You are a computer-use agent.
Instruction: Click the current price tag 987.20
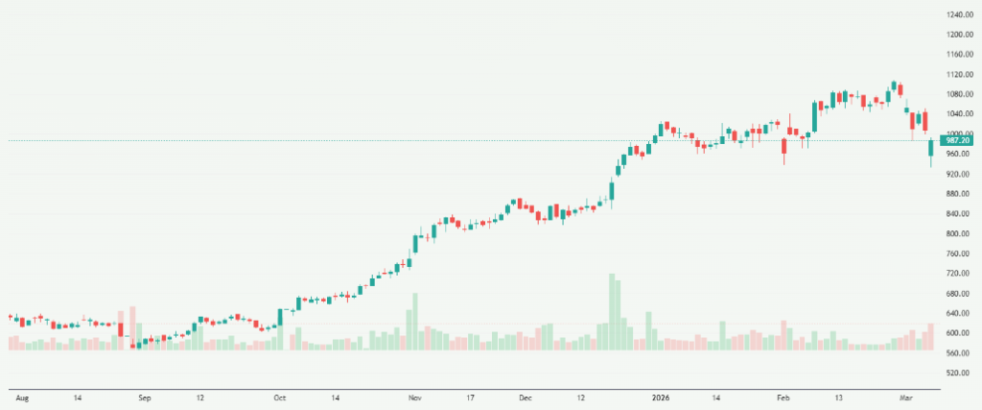pyautogui.click(x=956, y=141)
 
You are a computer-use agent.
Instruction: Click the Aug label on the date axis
pyautogui.click(x=21, y=396)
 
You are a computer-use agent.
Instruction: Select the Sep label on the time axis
pyautogui.click(x=144, y=396)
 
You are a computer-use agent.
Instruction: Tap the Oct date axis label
pyautogui.click(x=279, y=396)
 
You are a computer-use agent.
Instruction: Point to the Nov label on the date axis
pyautogui.click(x=414, y=396)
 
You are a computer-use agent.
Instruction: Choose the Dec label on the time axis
pyautogui.click(x=524, y=396)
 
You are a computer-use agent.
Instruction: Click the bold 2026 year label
pyautogui.click(x=659, y=396)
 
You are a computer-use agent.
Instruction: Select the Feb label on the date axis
pyautogui.click(x=783, y=396)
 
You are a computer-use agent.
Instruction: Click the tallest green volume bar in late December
pyautogui.click(x=611, y=312)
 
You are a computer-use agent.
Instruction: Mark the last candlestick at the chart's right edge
pyautogui.click(x=930, y=150)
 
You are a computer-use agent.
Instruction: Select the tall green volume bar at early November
pyautogui.click(x=414, y=321)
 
